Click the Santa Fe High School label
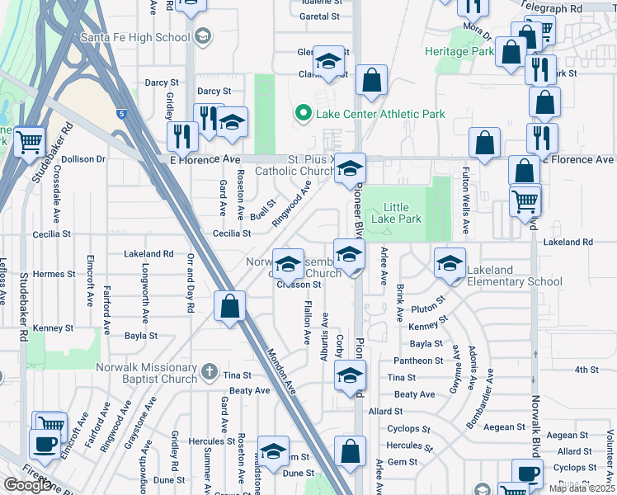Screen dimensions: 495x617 135,37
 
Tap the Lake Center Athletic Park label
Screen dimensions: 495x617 380,114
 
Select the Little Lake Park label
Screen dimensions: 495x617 397,213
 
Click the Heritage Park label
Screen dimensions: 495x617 459,51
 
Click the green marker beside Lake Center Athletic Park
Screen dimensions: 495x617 303,114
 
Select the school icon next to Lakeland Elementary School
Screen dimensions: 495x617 450,263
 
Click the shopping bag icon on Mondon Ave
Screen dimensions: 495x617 230,306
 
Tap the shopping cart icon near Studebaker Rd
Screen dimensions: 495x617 30,141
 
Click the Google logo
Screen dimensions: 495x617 27,485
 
